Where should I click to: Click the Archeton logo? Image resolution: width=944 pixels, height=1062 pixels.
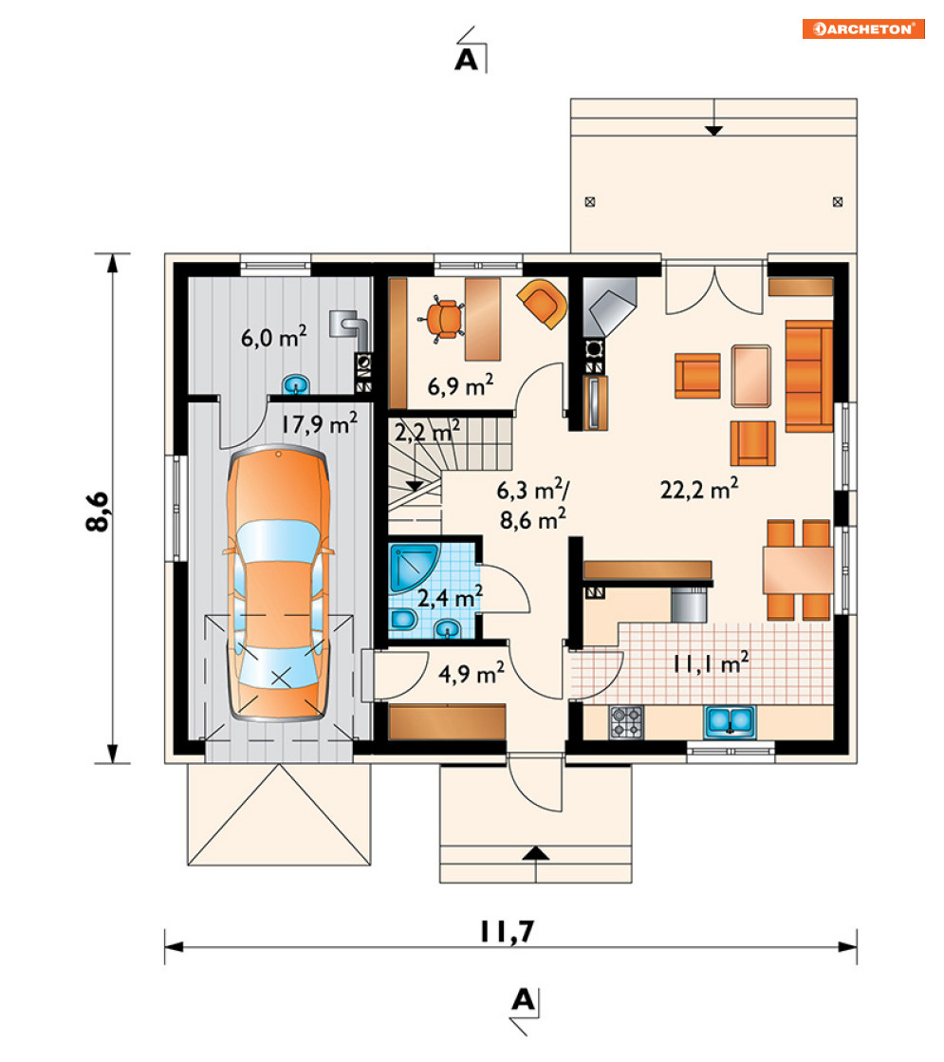coord(863,28)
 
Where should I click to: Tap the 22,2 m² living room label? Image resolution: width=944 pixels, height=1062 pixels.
coord(699,489)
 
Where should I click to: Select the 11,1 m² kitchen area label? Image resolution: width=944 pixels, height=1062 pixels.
coord(711,662)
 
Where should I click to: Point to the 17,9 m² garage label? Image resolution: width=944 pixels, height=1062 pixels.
coord(320,423)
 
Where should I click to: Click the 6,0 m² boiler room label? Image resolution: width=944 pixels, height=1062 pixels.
coord(273,336)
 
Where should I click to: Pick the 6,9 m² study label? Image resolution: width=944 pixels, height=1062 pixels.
coord(460,384)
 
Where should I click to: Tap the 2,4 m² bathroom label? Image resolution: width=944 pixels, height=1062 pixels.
coord(450,597)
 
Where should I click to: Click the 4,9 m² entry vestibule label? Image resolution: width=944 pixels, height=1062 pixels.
coord(472,673)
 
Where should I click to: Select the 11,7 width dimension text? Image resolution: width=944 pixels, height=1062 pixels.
coord(508,931)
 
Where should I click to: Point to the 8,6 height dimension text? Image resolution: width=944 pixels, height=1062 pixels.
coord(98,511)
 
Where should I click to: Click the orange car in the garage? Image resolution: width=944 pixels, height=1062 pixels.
coord(279,584)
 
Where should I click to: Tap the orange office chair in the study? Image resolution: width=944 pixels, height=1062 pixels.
coord(444,319)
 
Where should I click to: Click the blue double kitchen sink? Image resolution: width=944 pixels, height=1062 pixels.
coord(730,721)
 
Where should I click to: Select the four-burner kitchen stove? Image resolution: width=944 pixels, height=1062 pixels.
coord(626,722)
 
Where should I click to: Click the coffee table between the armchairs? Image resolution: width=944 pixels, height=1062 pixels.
coord(751,376)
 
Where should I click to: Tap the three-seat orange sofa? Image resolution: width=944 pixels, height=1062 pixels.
coord(808,376)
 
